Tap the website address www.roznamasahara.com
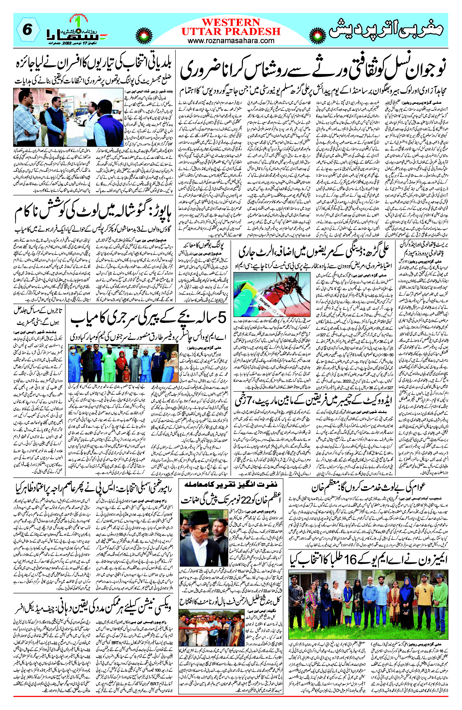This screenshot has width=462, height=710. pyautogui.click(x=231, y=40)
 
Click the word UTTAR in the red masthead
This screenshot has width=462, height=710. pyautogui.click(x=202, y=31)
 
